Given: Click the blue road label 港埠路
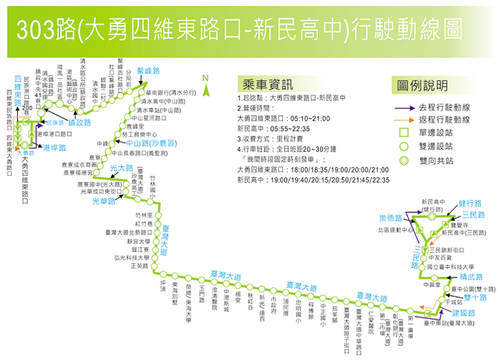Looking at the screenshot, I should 54,148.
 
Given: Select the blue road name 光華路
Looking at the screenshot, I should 105,201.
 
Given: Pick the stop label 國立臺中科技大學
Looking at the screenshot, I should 450,267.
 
